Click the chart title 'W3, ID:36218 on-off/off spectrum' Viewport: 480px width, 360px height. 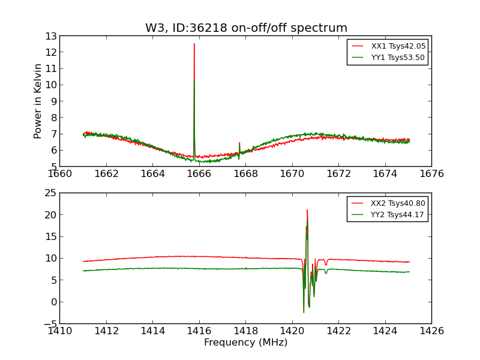pos(246,28)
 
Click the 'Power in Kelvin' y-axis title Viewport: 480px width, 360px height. pos(38,101)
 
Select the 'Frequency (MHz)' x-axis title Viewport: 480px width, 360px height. pos(245,343)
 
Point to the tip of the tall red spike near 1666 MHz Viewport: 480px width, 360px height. pos(194,44)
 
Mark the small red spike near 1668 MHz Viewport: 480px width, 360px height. pos(239,143)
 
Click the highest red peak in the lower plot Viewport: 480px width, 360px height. pos(307,210)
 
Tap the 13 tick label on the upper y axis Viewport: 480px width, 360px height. pos(50,36)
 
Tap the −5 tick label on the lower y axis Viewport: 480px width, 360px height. pos(48,324)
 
